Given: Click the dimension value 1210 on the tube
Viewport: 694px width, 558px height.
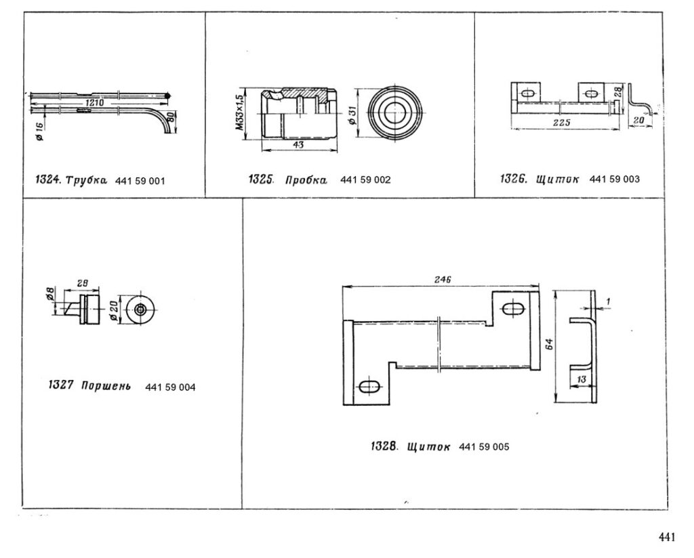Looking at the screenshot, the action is (94, 103).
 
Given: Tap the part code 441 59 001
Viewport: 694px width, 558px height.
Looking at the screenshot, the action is (140, 181).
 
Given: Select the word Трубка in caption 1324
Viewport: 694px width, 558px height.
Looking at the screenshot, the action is (86, 180).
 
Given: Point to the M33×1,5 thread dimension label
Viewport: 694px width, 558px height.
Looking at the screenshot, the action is (239, 112).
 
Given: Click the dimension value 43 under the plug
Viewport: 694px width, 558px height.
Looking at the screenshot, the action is (298, 145).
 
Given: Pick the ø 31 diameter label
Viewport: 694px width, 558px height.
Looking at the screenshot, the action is (352, 115).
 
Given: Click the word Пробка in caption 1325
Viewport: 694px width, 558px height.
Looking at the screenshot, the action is (306, 180).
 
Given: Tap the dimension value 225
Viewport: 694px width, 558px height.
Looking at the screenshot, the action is (562, 123).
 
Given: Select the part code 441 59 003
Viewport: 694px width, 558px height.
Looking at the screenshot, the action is (614, 179).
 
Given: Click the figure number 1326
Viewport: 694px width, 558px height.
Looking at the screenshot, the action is (514, 179).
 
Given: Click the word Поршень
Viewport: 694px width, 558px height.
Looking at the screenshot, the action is (106, 386).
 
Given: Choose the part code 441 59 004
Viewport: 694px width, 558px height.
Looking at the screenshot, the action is (170, 387).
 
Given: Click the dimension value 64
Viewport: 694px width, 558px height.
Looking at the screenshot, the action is (549, 343).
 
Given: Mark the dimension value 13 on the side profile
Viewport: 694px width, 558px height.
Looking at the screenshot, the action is (581, 379).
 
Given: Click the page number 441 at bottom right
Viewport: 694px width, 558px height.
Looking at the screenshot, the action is (668, 537).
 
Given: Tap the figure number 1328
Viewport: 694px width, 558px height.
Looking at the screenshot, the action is (384, 446).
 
